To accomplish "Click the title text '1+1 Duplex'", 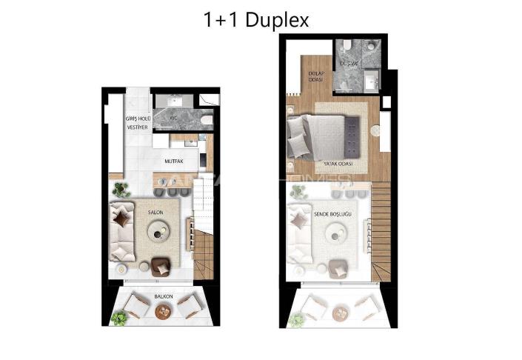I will coord(256,19).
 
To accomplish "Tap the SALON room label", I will coord(155,213).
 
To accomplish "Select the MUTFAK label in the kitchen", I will coord(174,159).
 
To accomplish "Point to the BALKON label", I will coord(164,296).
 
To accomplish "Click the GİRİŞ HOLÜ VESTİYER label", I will coord(138,123).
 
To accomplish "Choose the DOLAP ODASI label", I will coord(318,76).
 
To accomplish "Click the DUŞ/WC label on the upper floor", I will coord(349,64).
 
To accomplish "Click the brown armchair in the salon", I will coord(161,265).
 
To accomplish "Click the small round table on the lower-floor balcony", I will coord(164,311).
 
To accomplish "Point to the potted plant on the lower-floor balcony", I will coord(118,318).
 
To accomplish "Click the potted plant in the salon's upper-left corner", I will coord(121,190).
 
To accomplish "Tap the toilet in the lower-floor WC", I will coord(207,119).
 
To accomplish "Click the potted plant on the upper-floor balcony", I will coord(296,319).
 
